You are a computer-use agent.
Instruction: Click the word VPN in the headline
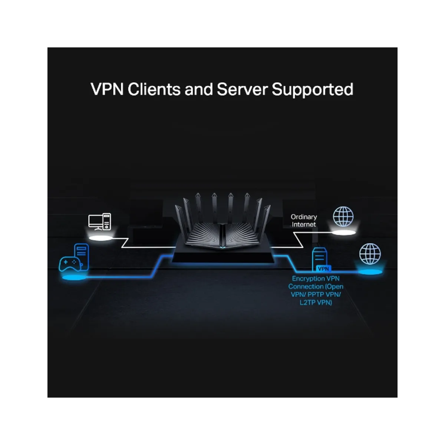(x=107, y=89)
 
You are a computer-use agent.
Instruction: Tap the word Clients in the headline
(x=154, y=89)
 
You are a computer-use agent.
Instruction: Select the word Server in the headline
(x=242, y=89)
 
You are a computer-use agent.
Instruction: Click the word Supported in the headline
(x=313, y=90)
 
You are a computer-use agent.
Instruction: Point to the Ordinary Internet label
(x=303, y=221)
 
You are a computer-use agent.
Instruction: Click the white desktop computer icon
(x=99, y=221)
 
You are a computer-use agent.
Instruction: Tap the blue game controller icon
(x=70, y=264)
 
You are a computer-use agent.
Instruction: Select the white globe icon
(x=343, y=217)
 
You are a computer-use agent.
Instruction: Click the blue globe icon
(x=370, y=254)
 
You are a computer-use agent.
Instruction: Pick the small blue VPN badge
(x=323, y=269)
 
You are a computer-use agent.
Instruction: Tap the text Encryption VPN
(x=316, y=278)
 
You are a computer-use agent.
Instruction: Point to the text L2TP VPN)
(x=316, y=302)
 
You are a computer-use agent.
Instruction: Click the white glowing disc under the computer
(x=100, y=238)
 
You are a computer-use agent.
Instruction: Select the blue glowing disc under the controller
(x=74, y=277)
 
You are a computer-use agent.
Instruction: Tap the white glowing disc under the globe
(x=344, y=232)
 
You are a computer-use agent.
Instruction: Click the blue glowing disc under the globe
(x=370, y=272)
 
